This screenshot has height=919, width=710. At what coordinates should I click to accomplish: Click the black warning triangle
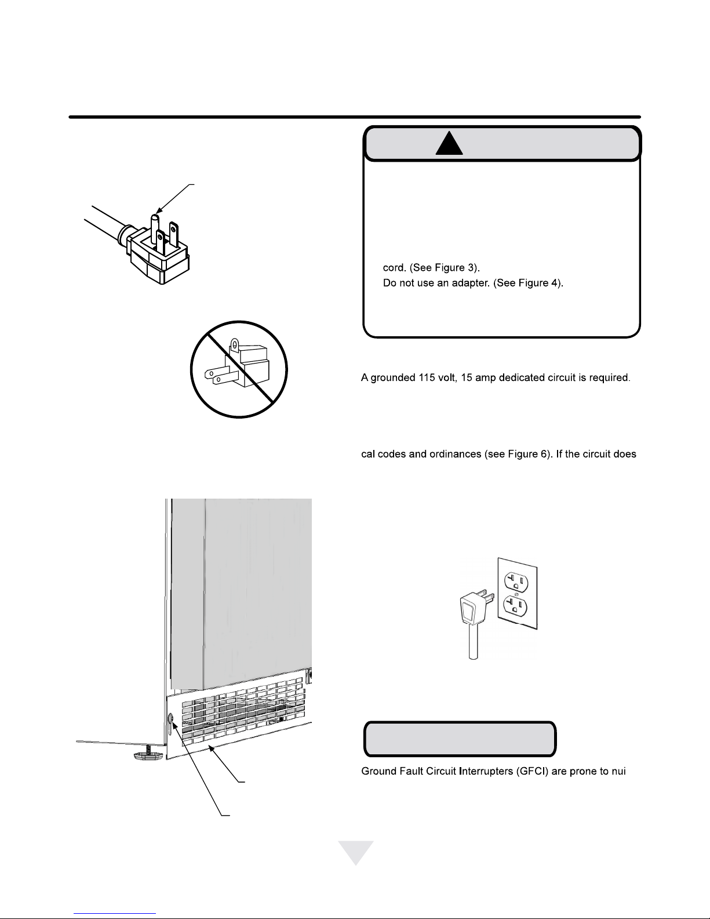(x=449, y=144)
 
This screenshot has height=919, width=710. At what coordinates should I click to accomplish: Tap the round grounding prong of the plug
(x=155, y=228)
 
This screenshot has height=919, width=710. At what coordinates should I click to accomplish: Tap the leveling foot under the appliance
(x=147, y=753)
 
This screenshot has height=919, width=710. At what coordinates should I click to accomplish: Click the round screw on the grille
(x=171, y=718)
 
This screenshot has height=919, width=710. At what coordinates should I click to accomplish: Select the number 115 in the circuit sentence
(x=427, y=377)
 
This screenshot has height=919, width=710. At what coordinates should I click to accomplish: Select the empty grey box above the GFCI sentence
(x=460, y=739)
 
